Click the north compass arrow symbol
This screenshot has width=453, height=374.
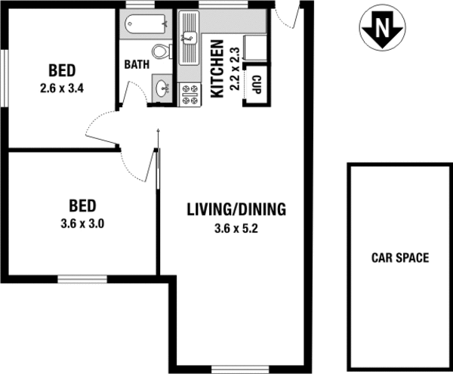pos(382,29)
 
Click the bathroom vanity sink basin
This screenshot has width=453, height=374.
pos(162,88)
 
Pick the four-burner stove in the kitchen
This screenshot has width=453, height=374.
pos(190,94)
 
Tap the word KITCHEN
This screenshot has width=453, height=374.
pos(216,69)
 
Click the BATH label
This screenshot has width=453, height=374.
pos(136,64)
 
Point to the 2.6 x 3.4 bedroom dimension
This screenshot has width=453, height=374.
pos(61,86)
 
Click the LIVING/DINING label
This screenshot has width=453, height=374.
pos(236,209)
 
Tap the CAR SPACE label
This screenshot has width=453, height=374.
pos(399,258)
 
